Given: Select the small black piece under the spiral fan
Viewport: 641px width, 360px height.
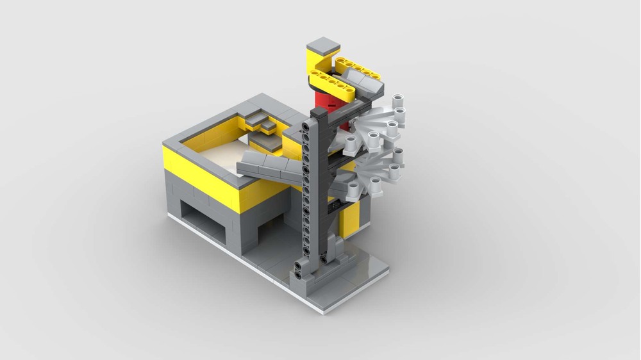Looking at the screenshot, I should pyautogui.click(x=334, y=208).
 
